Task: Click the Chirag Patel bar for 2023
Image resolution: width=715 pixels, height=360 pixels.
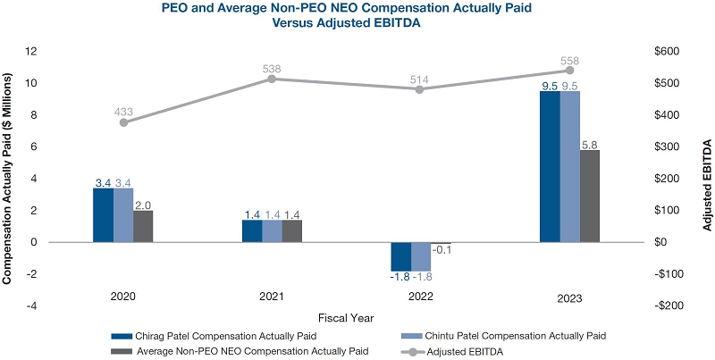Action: tap(550, 166)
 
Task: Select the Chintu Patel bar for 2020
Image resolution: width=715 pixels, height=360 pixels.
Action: tap(123, 214)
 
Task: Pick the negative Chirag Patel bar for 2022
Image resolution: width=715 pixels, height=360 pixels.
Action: tap(400, 255)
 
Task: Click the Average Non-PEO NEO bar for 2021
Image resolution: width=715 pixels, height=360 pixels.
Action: tap(292, 230)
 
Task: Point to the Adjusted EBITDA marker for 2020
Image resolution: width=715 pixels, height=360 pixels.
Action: tap(123, 122)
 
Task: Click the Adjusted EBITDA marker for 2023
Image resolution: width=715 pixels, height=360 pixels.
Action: tap(569, 71)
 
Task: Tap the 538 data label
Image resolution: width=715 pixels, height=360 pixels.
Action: tap(272, 69)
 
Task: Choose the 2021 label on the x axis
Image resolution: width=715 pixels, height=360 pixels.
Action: tap(272, 294)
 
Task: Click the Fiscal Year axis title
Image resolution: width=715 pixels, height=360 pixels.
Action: tap(347, 316)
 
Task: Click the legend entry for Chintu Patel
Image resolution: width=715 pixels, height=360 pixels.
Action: tap(505, 335)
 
